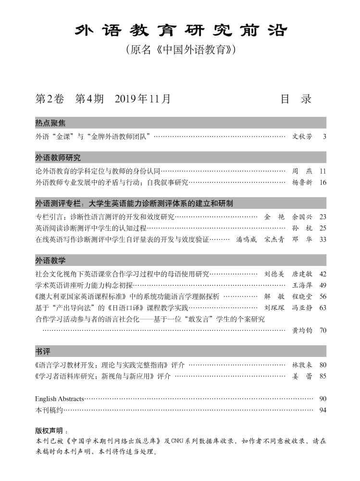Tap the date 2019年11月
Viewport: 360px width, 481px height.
(143, 99)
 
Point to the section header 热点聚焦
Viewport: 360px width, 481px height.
(50, 123)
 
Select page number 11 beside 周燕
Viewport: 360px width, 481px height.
(323, 171)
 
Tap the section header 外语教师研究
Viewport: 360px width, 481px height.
(58, 157)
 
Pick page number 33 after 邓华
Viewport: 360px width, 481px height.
(323, 239)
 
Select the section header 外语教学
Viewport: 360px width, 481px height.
(50, 260)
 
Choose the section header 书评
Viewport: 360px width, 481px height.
(43, 351)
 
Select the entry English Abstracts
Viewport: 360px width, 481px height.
(60, 399)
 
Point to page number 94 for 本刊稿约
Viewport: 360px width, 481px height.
(323, 410)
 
